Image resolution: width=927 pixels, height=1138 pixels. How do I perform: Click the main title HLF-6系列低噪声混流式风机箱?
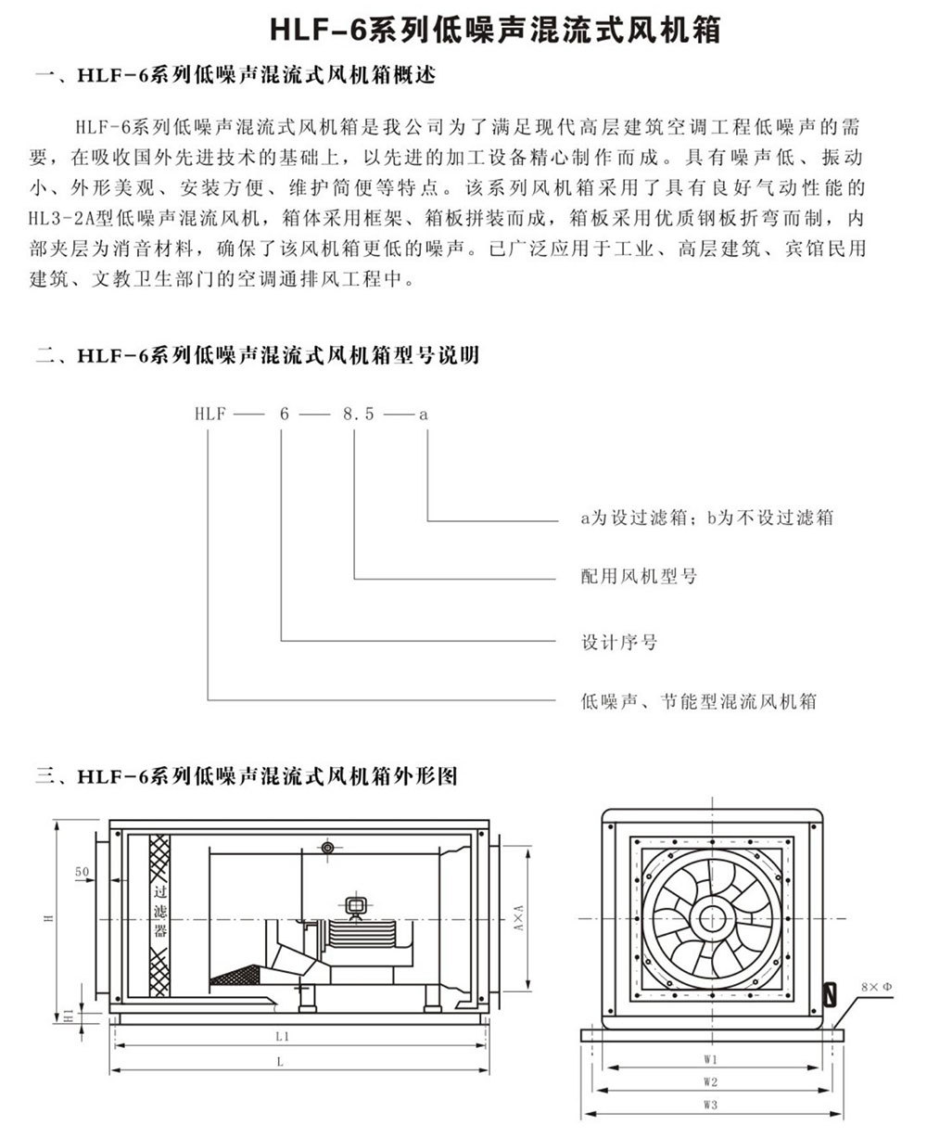495,31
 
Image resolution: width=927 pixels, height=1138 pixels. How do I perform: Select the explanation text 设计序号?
619,642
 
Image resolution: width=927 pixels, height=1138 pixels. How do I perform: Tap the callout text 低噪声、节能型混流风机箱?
699,702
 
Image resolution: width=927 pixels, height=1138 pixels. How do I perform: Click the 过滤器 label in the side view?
159,911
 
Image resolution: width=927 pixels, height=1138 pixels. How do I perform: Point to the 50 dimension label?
82,873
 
